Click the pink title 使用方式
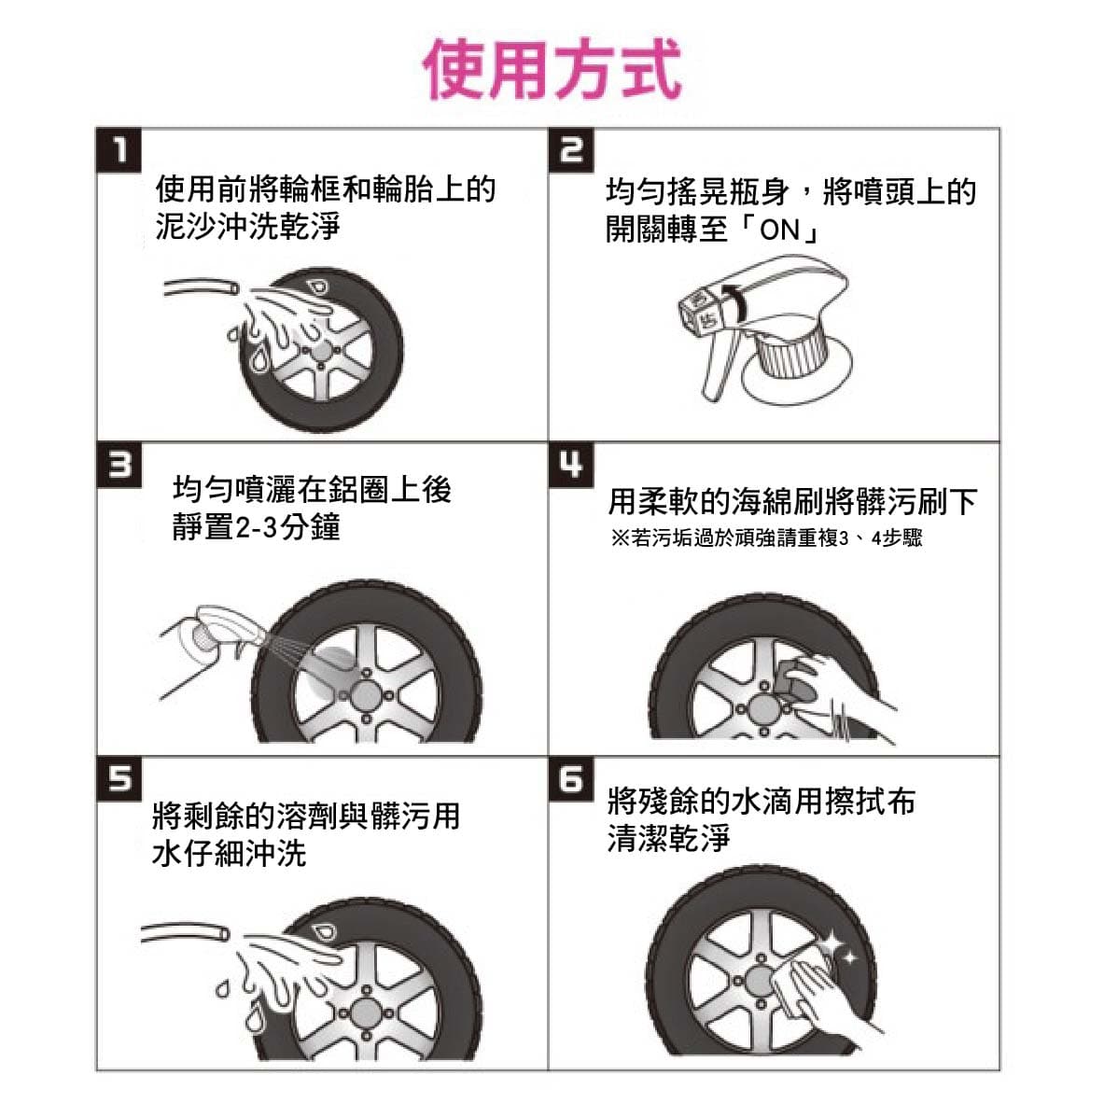click(552, 69)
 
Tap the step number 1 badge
click(119, 150)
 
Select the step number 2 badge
click(571, 150)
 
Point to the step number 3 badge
click(119, 465)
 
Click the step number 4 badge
click(571, 465)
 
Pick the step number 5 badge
click(119, 779)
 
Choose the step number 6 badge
click(571, 779)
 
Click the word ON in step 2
click(780, 230)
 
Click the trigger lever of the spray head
click(720, 365)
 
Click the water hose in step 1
click(201, 287)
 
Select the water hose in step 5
click(185, 932)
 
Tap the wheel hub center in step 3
click(367, 696)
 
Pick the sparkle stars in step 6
click(838, 946)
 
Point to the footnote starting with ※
click(766, 538)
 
